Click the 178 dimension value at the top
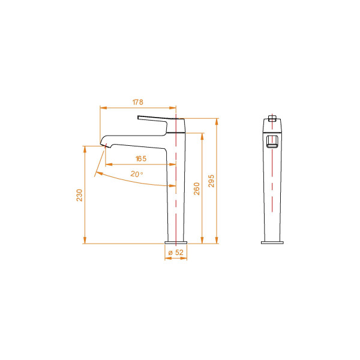pos(137,103)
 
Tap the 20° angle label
pos(137,174)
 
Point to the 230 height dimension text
pos(79,195)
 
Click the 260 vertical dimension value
pos(196,189)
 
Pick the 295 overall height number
pos(211,181)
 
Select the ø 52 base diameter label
pos(176,253)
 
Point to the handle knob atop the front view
pos(272,118)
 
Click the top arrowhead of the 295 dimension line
pos(216,119)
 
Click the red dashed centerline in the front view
pos(273,180)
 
